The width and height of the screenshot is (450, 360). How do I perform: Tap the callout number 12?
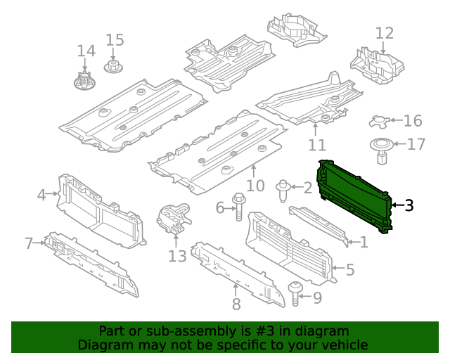click(385, 33)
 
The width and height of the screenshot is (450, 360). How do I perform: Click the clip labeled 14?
click(85, 79)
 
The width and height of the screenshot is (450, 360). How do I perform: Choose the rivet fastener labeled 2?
click(283, 188)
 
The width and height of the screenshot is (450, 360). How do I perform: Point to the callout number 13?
click(177, 256)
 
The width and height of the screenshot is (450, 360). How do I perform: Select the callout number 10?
click(255, 186)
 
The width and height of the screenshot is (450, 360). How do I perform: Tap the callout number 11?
click(317, 145)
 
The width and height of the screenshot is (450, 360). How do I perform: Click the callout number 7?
click(29, 243)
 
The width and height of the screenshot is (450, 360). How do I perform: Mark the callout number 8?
click(236, 304)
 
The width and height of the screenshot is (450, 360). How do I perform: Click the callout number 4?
click(41, 194)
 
